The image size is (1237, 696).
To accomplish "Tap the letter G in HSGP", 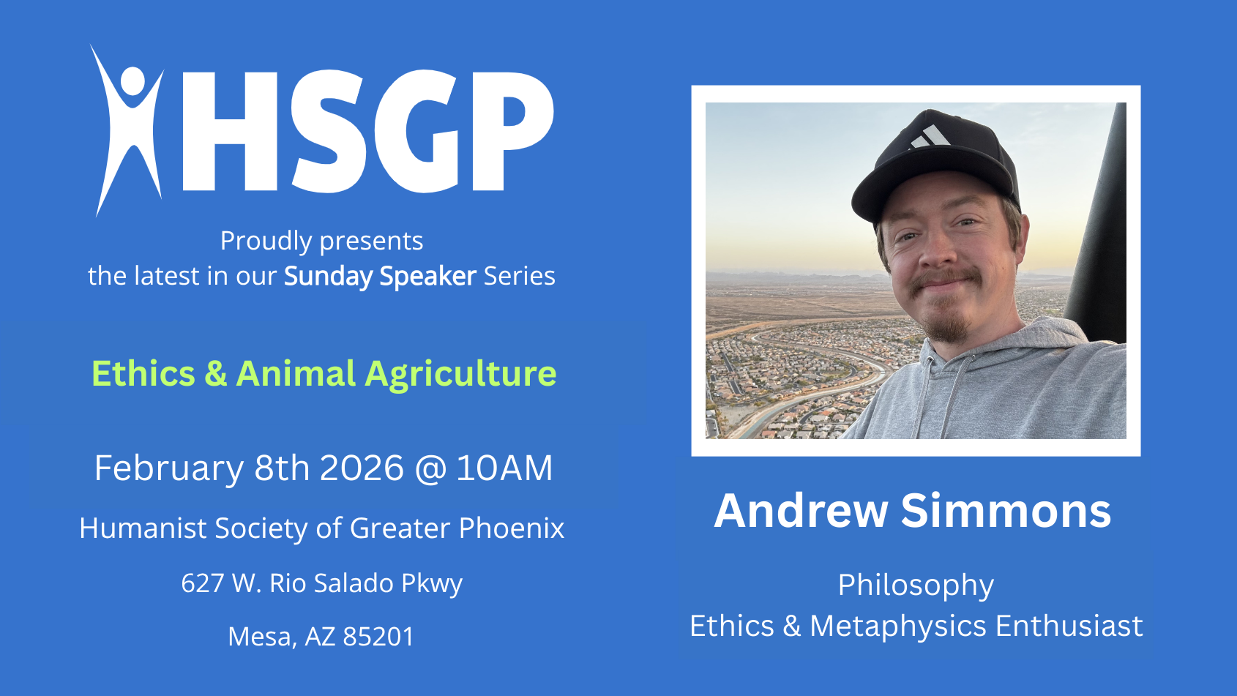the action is coord(417,132).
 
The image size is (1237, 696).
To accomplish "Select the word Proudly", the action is coord(266,242).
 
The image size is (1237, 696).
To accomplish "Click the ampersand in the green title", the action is coord(215,374).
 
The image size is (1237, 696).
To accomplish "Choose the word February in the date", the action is coord(169,468).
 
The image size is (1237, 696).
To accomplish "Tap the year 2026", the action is coord(362,468).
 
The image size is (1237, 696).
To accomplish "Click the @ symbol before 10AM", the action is coord(430,469).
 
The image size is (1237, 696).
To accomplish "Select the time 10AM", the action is coord(505,468).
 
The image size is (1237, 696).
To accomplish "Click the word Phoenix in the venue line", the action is coord(512,528).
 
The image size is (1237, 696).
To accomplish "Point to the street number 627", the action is coord(202,583).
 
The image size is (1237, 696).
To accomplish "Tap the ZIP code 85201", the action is coord(378,637).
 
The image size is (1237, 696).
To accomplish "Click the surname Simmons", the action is coord(1006,511).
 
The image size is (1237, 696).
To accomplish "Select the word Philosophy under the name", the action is coord(916,586).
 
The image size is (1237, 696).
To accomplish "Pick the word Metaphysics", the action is coord(898,626).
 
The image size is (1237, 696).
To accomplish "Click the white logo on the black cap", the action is coord(930,137).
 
